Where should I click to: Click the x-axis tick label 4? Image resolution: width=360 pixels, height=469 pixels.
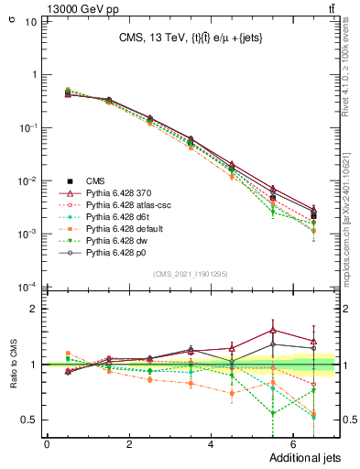click(x=211, y=444)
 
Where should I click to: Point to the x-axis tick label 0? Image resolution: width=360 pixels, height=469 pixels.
click(x=47, y=444)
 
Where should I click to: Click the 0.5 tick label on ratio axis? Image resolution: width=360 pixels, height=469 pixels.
click(x=29, y=420)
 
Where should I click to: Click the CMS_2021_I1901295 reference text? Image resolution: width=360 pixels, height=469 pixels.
click(x=191, y=274)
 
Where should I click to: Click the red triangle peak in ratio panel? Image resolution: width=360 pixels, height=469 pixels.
click(x=272, y=331)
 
